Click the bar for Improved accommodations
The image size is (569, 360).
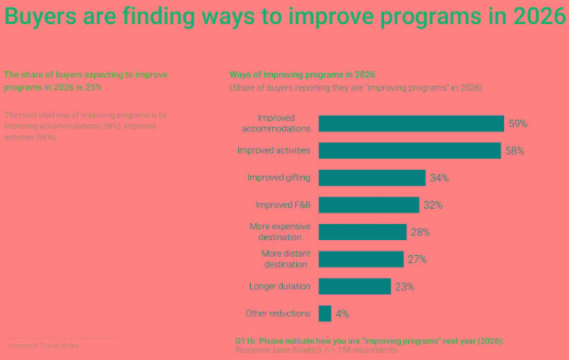tap(411, 124)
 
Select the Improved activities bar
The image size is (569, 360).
tap(409, 151)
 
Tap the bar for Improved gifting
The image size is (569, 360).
tap(372, 178)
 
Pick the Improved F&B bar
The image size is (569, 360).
tap(368, 205)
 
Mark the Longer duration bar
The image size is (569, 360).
tap(354, 286)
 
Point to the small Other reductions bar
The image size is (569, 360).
tap(325, 314)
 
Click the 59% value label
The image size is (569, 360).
tap(518, 124)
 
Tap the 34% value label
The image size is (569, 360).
tap(439, 178)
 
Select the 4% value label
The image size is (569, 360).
tap(342, 314)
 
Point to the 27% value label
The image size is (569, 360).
tap(417, 260)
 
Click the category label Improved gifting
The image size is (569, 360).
tap(278, 178)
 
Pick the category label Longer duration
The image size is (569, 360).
tap(279, 286)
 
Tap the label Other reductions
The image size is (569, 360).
tap(277, 314)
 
